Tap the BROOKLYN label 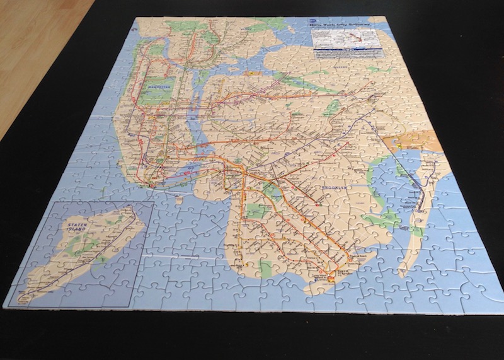pyautogui.click(x=327, y=189)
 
